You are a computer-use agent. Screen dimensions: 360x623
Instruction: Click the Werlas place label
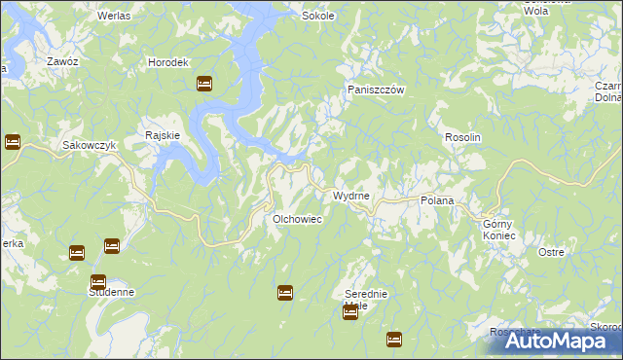tap(116, 17)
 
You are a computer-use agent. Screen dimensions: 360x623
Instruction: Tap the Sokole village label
tap(318, 17)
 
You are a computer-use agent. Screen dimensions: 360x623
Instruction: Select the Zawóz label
tap(62, 61)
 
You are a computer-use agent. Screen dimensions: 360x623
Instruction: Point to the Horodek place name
tap(166, 62)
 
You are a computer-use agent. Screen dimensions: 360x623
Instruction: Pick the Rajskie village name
tap(162, 135)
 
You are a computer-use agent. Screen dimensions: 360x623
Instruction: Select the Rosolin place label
tap(463, 138)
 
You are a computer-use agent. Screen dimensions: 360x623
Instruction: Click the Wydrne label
tap(351, 196)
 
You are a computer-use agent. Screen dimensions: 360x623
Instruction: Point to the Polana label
tap(437, 199)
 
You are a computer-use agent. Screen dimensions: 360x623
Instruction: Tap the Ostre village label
tap(551, 252)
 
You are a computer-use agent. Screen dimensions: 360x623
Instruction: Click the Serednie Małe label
tap(367, 300)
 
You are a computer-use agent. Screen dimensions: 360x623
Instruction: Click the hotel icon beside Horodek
tap(204, 84)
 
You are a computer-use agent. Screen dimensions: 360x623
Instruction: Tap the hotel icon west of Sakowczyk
tap(13, 142)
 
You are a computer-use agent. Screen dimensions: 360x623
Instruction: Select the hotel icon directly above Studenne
tap(98, 281)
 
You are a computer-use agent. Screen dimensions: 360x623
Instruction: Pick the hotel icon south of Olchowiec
tap(285, 291)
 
